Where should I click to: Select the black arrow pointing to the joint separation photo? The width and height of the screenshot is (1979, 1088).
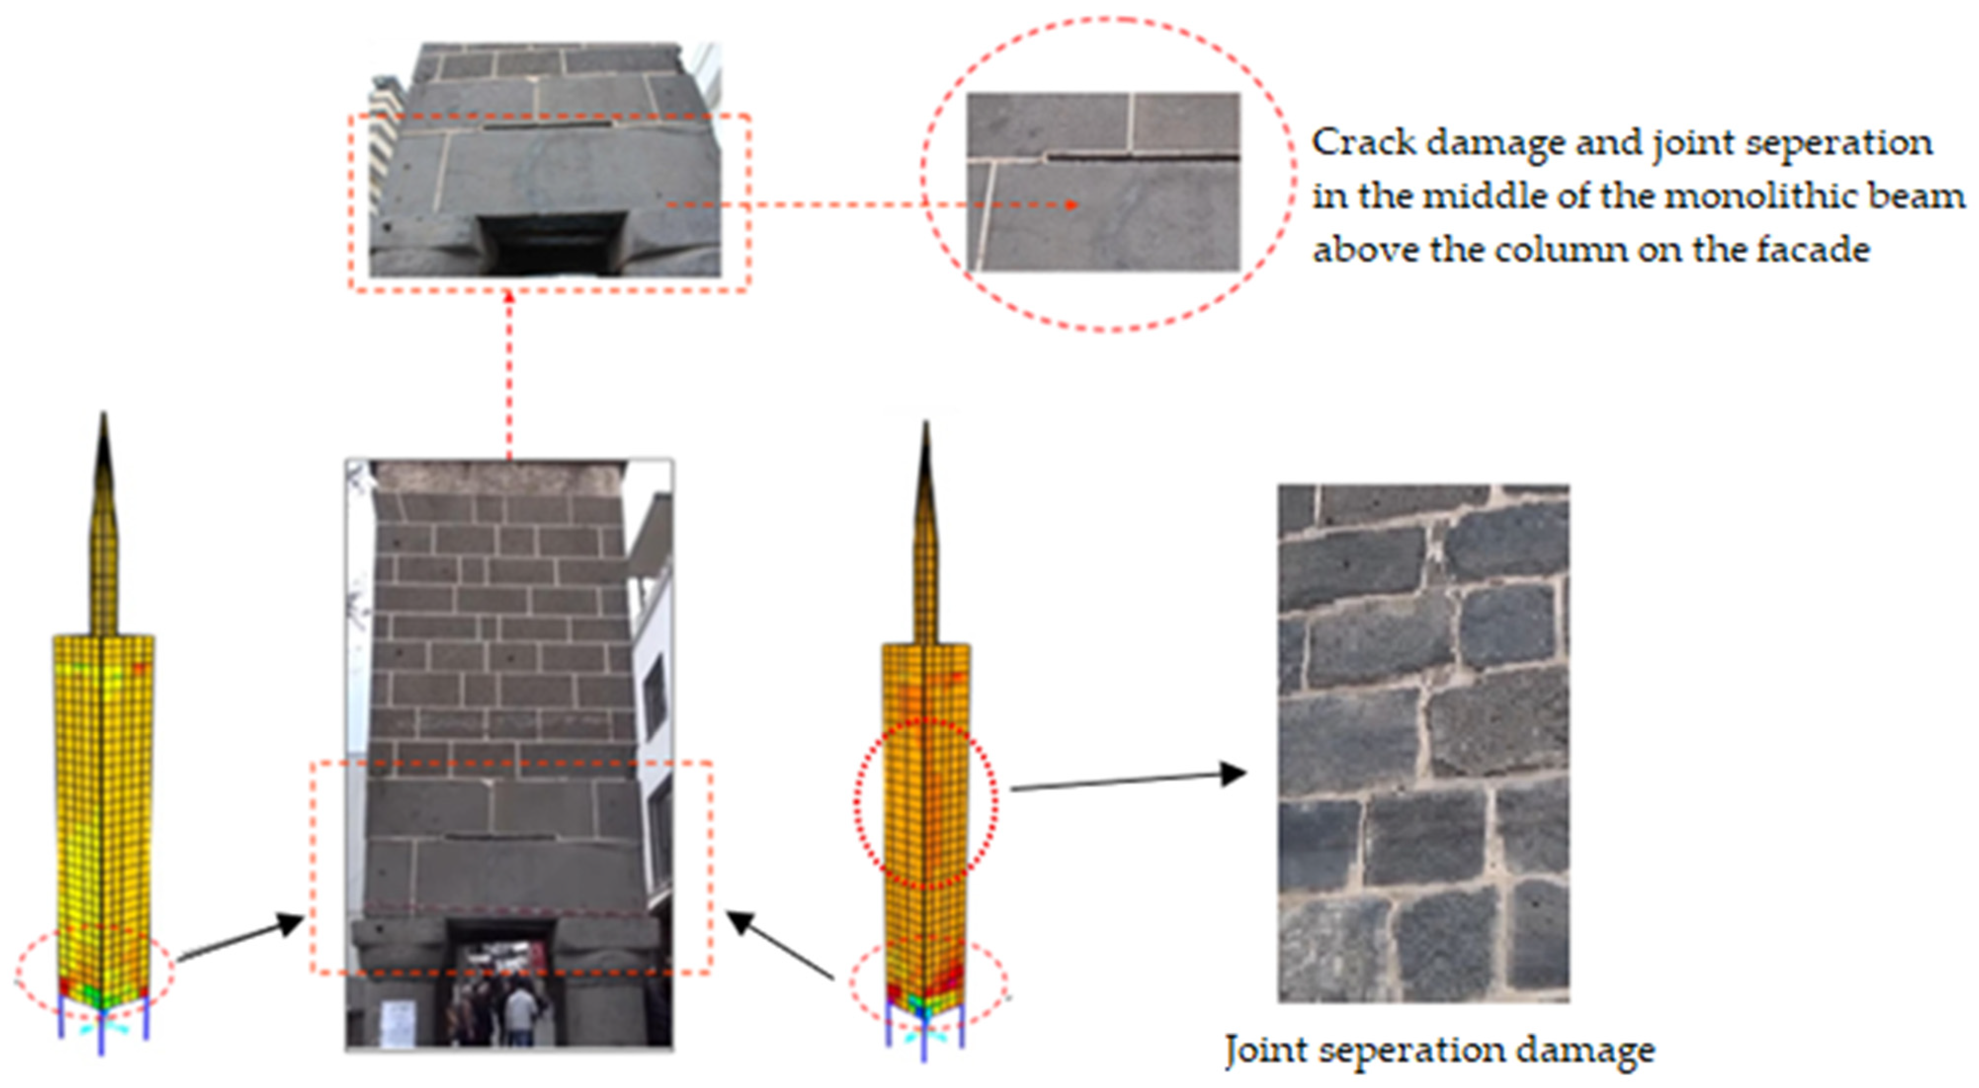[x=1128, y=780]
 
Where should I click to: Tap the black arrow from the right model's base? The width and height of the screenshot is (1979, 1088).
[x=780, y=945]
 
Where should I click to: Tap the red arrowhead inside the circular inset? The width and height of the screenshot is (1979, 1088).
[x=1071, y=205]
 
